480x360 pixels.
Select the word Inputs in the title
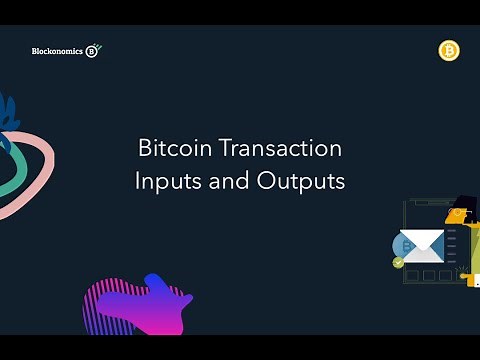tap(165, 183)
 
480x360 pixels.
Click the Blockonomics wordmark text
tap(57, 51)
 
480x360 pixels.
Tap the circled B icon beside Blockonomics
tap(92, 51)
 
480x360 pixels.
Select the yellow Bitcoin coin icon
tap(448, 51)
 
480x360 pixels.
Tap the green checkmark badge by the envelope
tap(398, 262)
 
